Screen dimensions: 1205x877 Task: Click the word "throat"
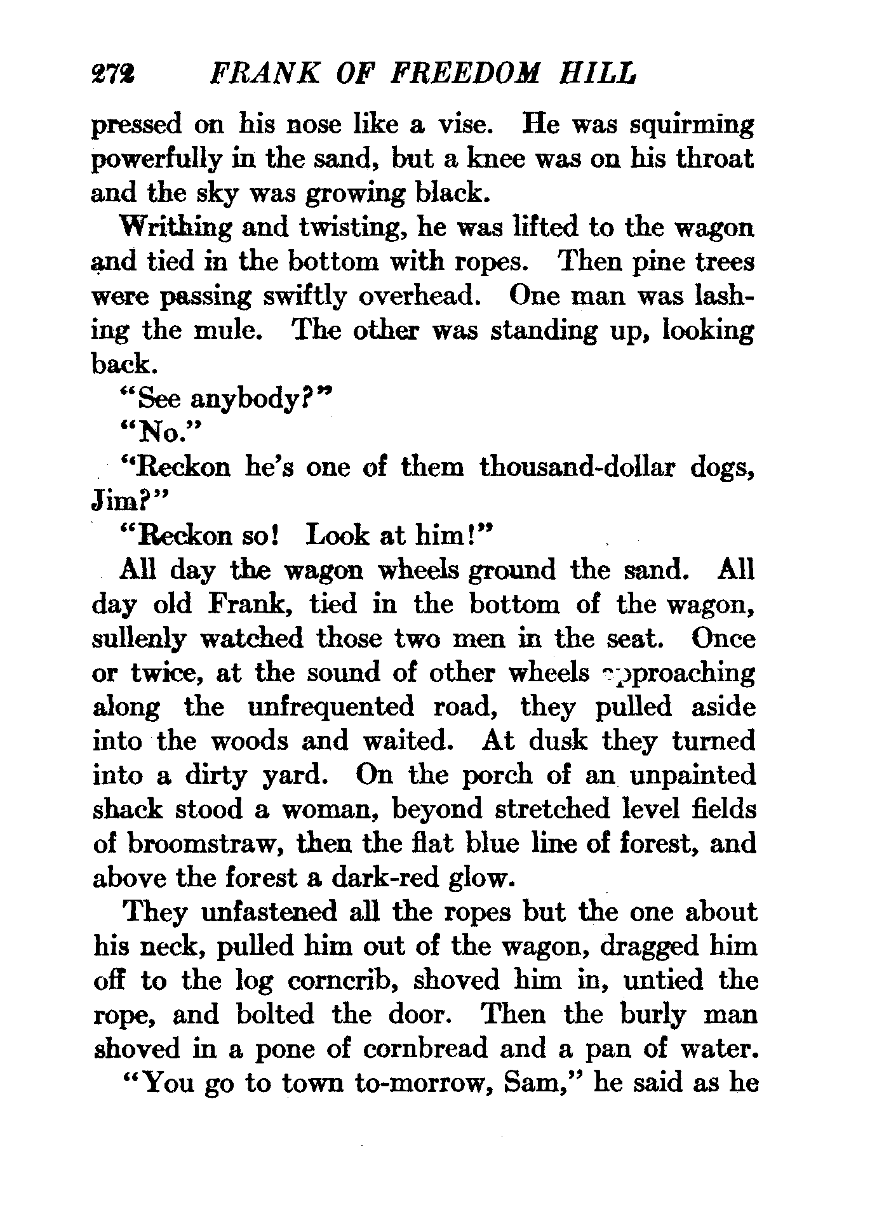coord(713,159)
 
